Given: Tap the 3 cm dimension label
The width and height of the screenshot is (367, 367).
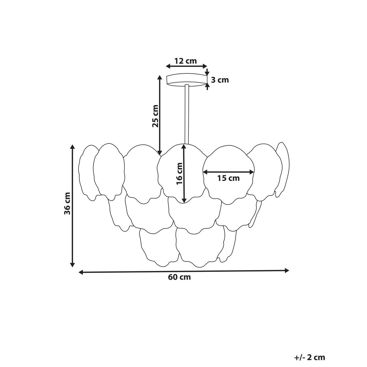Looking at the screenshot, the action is pyautogui.click(x=220, y=80).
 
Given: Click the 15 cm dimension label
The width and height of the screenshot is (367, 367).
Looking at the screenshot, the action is pyautogui.click(x=228, y=178).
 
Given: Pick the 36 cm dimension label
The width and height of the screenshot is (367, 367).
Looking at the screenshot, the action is pyautogui.click(x=67, y=204).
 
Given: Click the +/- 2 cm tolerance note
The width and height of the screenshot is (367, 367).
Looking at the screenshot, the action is pyautogui.click(x=310, y=342).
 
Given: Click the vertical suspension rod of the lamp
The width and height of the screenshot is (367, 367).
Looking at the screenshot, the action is pyautogui.click(x=187, y=114).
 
